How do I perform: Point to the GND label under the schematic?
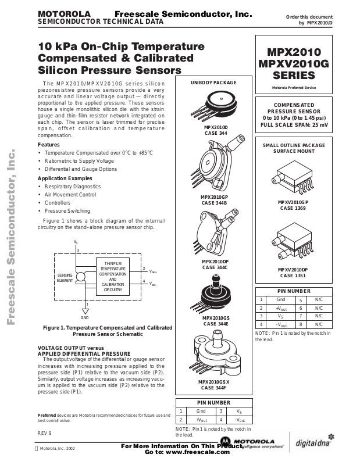coord(85,318)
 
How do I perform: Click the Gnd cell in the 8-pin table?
coord(280,299)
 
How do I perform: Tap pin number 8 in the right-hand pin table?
coord(301,324)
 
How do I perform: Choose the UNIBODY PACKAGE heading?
coord(214,83)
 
